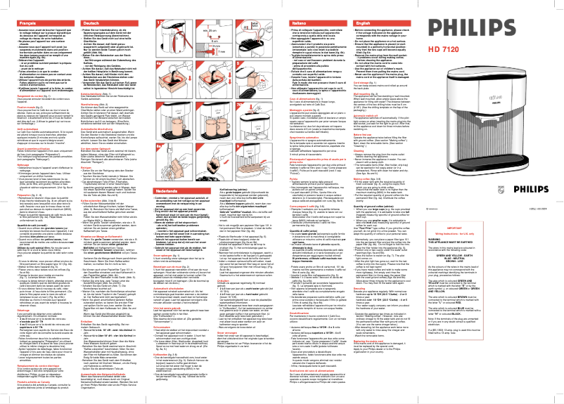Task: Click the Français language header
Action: (19, 5)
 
